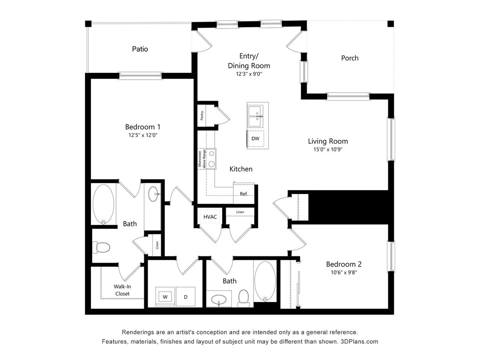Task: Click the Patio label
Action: click(140, 49)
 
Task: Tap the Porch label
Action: click(350, 58)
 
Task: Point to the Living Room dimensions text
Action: click(328, 150)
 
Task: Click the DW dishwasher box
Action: click(255, 139)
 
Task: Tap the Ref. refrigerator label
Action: click(244, 194)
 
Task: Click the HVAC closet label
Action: click(210, 217)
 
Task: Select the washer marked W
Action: click(165, 296)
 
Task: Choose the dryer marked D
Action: click(186, 296)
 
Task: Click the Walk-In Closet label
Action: click(122, 290)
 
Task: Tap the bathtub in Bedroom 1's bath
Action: click(103, 204)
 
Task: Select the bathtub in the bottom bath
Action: click(265, 280)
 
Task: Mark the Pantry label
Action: click(202, 116)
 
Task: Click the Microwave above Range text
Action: click(202, 159)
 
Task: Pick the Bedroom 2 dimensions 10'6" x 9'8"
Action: click(344, 272)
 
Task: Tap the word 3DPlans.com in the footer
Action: click(359, 342)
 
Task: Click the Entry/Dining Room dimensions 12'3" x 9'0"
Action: click(249, 74)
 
